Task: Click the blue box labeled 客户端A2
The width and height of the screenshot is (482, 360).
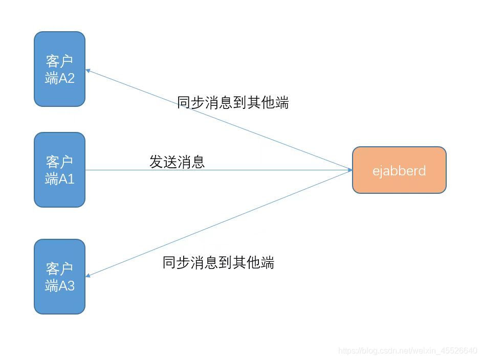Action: [59, 69]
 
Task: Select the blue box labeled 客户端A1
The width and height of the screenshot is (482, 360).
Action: [59, 170]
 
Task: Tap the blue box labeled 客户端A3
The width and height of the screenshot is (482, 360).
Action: [59, 276]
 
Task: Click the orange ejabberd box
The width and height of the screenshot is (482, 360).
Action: [399, 170]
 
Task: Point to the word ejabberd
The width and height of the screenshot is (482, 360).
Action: [399, 170]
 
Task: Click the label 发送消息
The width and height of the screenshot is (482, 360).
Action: [177, 162]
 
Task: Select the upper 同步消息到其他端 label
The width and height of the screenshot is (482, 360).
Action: [233, 102]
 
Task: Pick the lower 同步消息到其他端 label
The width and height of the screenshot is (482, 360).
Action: [218, 262]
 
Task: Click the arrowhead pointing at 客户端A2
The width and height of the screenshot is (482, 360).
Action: [88, 71]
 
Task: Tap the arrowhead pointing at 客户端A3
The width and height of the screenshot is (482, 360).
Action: [88, 276]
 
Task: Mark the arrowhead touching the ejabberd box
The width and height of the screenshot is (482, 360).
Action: [349, 170]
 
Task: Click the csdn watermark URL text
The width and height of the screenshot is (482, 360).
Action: [408, 351]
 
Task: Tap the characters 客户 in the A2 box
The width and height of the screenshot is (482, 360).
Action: [59, 61]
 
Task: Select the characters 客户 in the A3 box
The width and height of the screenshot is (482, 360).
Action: [59, 268]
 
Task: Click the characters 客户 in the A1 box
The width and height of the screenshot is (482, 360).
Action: [59, 162]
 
